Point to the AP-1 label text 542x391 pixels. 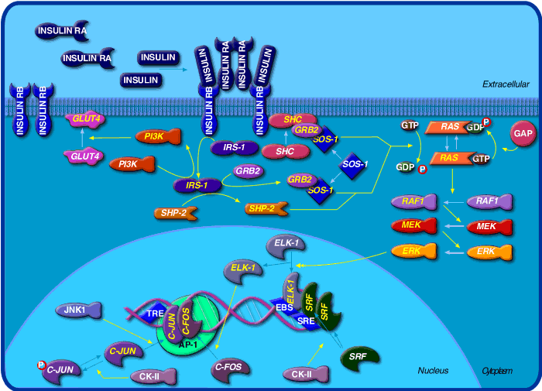[188, 342]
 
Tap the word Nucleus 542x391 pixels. [434, 371]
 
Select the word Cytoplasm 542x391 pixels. [497, 371]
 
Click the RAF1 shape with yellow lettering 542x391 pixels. [411, 201]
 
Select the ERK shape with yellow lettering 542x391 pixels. [411, 251]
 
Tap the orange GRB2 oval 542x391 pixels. [300, 180]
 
